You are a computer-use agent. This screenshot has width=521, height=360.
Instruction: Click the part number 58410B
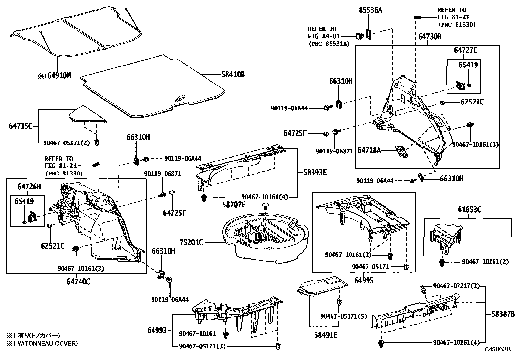(x=233, y=75)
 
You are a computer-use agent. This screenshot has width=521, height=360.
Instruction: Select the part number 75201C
(x=191, y=242)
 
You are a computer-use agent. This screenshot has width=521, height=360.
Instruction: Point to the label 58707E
(x=234, y=205)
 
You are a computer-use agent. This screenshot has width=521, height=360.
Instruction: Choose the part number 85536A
(x=370, y=10)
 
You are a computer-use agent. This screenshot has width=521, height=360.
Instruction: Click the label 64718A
(x=369, y=150)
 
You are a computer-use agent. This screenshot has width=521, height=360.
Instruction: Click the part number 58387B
(x=503, y=314)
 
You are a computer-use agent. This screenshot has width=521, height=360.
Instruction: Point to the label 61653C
(x=469, y=210)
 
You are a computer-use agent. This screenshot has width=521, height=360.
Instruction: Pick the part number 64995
(x=364, y=281)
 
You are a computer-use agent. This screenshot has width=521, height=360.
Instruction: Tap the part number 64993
(x=157, y=330)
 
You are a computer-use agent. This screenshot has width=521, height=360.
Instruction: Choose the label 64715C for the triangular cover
(x=20, y=126)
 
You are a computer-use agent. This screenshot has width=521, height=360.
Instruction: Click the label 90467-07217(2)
(x=456, y=286)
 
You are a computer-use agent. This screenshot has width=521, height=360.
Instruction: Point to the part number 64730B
(x=429, y=37)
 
